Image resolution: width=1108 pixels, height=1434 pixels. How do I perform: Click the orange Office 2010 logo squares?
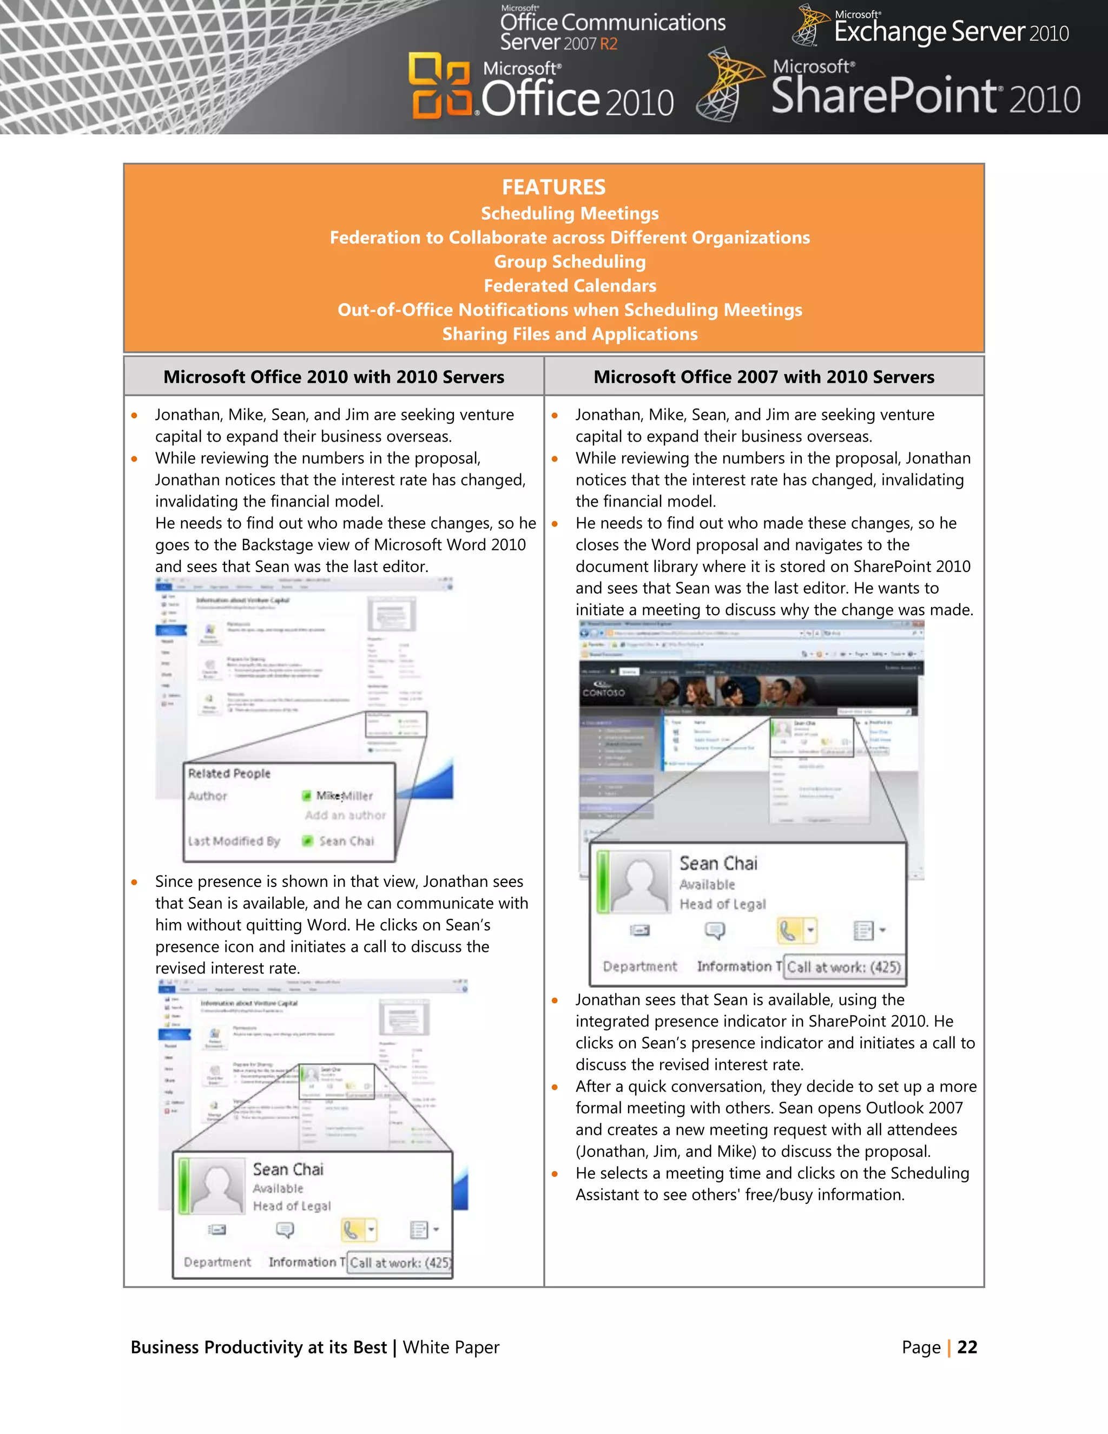440,86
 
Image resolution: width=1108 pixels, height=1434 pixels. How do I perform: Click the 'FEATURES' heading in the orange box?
553,187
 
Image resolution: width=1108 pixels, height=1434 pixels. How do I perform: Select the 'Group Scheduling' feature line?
570,261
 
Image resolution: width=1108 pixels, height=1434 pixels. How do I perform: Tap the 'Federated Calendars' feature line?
570,286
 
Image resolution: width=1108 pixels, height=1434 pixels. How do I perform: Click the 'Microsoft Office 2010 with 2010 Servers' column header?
333,377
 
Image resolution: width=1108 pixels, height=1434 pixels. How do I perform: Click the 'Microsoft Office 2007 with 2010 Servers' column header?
763,377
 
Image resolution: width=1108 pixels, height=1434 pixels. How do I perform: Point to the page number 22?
967,1347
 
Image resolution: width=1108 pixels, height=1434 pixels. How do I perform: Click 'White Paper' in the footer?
451,1347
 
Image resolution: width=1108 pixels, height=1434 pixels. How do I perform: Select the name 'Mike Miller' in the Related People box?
344,796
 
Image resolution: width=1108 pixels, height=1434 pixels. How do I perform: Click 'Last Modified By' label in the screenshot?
234,841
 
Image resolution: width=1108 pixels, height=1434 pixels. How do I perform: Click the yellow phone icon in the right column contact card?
788,930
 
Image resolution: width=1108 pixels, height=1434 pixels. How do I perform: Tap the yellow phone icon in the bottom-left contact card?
352,1230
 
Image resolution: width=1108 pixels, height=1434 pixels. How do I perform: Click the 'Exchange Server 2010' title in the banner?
951,31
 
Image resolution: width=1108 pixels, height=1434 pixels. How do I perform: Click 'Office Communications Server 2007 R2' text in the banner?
612,31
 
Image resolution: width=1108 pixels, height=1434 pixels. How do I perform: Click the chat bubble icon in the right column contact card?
715,930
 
